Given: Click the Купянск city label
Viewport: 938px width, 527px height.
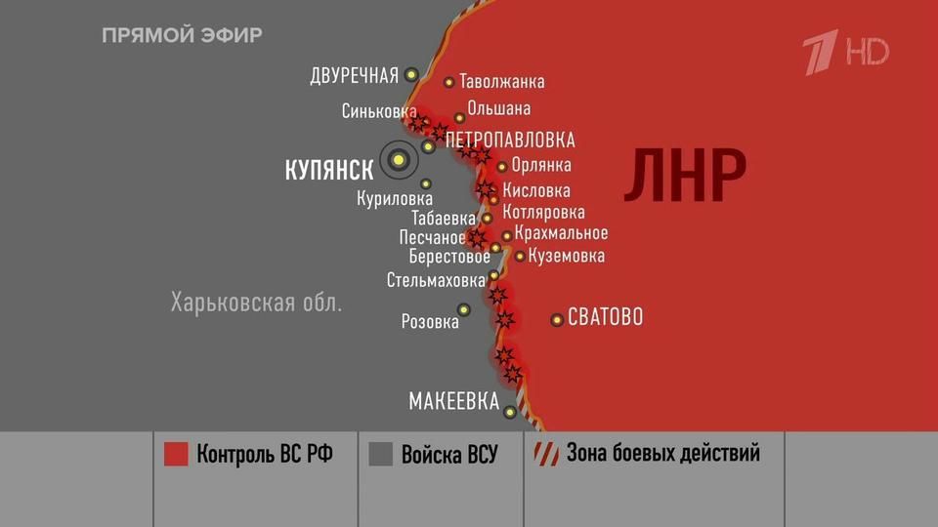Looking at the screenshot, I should tap(328, 170).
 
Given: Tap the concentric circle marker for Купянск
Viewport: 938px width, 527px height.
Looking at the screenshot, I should tap(398, 160).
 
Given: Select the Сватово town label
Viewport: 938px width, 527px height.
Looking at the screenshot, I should tap(605, 317).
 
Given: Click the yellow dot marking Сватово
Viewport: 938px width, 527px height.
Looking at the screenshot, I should tap(557, 319).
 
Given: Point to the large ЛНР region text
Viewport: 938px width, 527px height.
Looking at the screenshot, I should tap(685, 177).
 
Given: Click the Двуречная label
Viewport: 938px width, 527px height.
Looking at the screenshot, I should tap(354, 75).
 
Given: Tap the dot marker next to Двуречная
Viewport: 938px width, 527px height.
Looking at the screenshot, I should tap(411, 74).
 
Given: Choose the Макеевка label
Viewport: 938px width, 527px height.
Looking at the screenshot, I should tap(453, 401).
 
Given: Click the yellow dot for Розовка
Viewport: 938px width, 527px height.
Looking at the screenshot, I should tap(464, 309).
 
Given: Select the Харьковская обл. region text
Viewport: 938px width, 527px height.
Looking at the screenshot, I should tap(256, 302).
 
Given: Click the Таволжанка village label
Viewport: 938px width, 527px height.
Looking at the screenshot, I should tap(501, 82).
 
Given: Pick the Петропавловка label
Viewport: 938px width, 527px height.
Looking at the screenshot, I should tap(510, 141).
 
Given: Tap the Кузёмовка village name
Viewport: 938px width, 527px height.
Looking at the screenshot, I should tap(566, 256).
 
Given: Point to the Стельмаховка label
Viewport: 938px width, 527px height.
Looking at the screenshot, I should tap(435, 280).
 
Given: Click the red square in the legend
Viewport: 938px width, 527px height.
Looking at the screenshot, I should tap(176, 454).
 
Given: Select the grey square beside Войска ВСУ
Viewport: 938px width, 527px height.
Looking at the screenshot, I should tap(381, 454).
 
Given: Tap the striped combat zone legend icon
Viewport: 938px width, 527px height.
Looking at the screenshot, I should tap(543, 453).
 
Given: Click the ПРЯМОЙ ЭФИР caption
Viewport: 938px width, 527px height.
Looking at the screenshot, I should tap(182, 36).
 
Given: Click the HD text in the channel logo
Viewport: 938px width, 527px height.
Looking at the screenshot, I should tap(867, 52).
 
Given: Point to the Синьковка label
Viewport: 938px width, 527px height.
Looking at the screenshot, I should tap(379, 112).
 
